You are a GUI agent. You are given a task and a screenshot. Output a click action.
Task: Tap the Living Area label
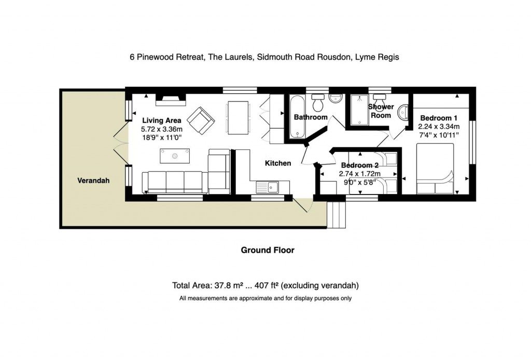click(x=162, y=120)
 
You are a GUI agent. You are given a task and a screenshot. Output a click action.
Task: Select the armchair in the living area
click(x=201, y=120)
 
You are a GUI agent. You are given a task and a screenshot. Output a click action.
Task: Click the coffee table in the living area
click(x=175, y=155)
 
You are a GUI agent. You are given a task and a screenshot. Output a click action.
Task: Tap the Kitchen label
click(x=278, y=163)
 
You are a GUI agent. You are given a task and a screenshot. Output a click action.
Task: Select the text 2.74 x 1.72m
click(x=359, y=173)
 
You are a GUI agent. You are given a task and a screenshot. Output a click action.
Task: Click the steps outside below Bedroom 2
click(x=338, y=213)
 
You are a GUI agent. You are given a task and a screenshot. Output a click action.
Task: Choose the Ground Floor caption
click(x=268, y=250)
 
